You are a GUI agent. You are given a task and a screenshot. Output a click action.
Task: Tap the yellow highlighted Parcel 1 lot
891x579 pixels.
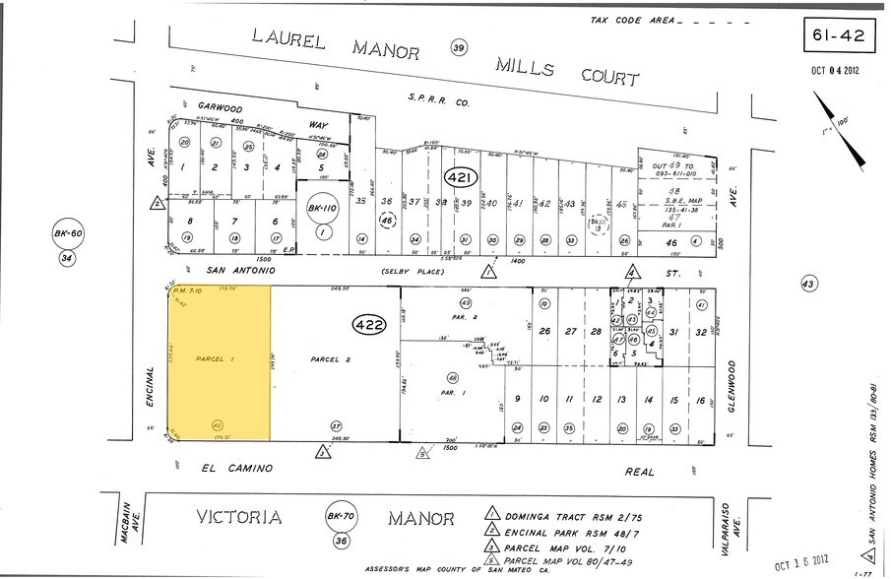tap(220, 359)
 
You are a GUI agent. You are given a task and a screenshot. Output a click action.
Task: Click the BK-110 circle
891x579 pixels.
tap(322, 210)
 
